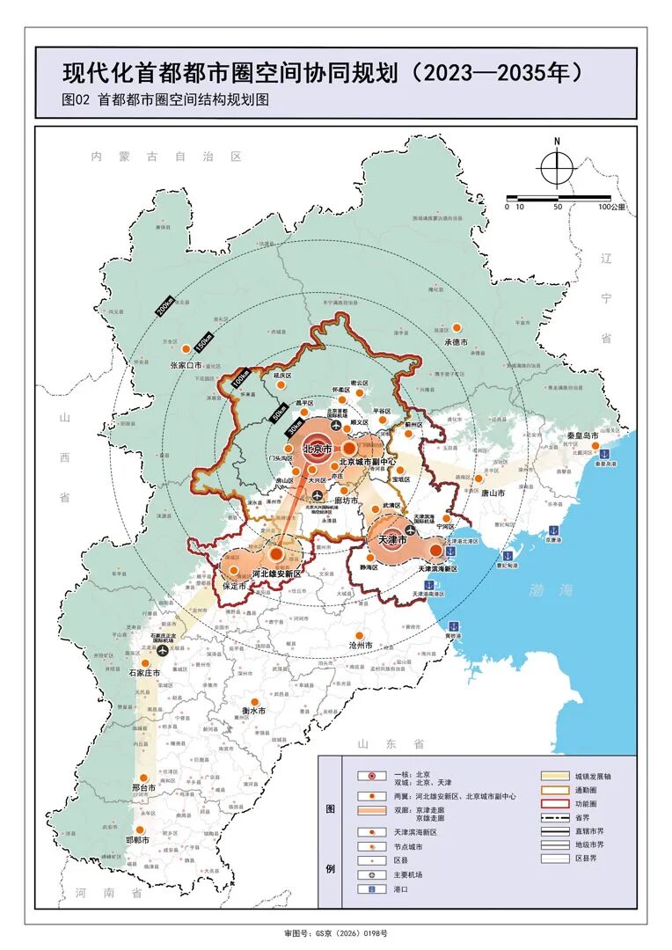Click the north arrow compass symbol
pos(556,166)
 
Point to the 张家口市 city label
pos(191,363)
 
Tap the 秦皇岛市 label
pos(582,435)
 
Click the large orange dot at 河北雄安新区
pos(276,555)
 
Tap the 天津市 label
pos(391,538)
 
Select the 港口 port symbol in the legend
pos(371,889)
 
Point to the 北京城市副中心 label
pos(367,461)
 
